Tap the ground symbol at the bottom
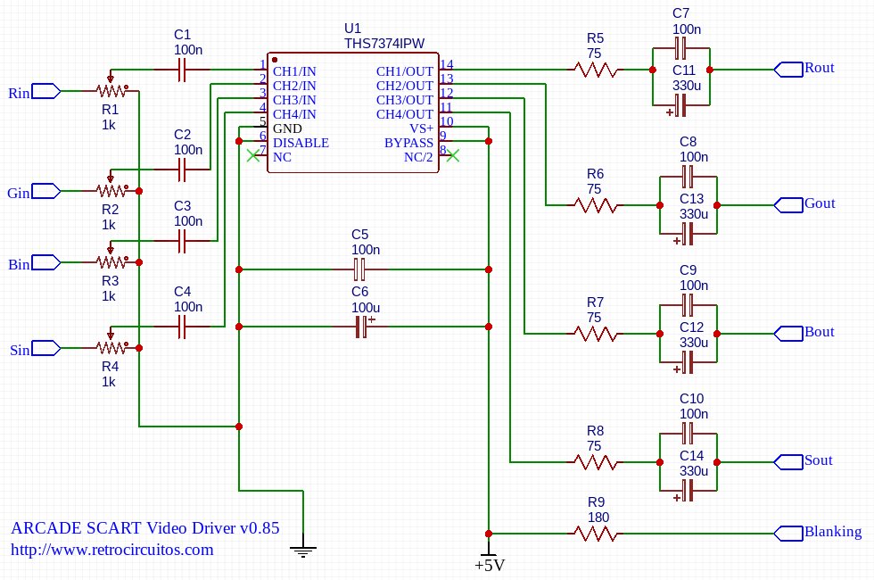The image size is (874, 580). [304, 551]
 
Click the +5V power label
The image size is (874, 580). [490, 565]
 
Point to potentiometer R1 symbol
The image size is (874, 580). [111, 90]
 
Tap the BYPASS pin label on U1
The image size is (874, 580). [408, 143]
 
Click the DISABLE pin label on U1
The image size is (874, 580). [301, 143]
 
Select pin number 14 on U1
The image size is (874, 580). [447, 64]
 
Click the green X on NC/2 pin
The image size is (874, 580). [453, 156]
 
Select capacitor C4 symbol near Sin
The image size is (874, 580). [182, 327]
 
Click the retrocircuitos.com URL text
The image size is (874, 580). [111, 550]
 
